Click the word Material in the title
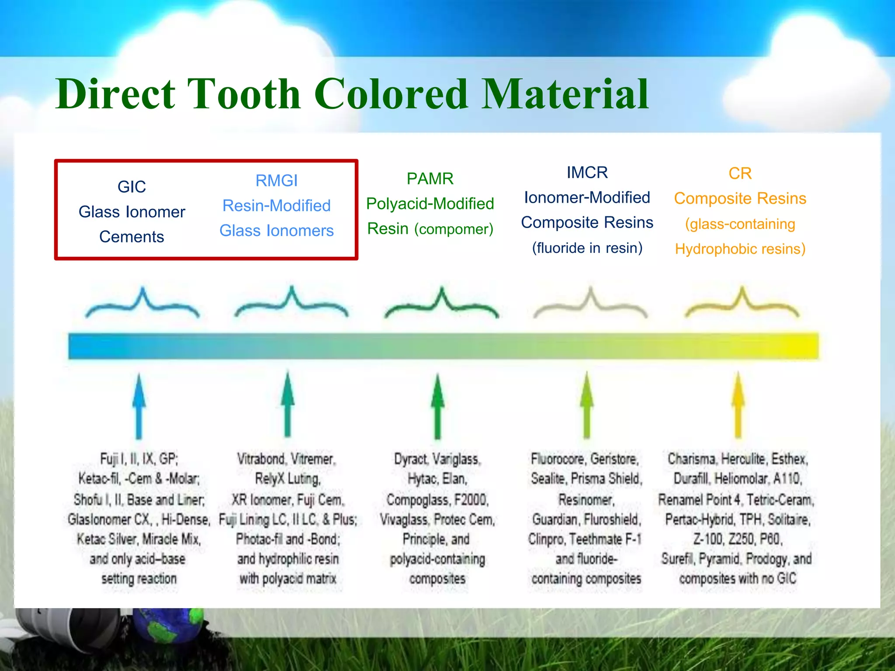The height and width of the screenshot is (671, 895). point(565,94)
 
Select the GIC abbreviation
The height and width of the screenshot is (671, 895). point(132,187)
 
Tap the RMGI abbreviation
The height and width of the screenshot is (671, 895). point(276,181)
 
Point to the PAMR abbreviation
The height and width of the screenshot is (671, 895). point(430,179)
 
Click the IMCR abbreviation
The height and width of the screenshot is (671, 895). point(587,173)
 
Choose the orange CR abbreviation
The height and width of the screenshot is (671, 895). point(740,174)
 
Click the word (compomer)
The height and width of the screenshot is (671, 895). point(454,229)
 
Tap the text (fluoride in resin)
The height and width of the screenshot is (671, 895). point(587,248)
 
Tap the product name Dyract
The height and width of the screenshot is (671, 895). point(410,459)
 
